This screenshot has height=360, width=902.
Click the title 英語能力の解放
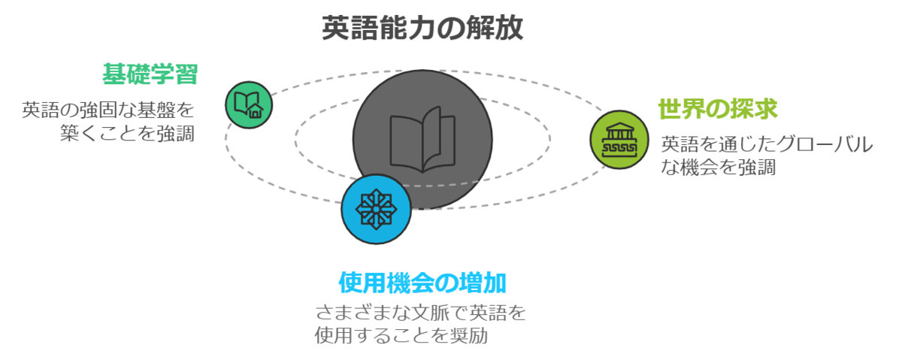(422, 28)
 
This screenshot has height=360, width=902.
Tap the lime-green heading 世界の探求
(717, 109)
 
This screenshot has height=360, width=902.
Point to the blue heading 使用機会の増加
(422, 283)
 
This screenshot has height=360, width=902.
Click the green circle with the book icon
(248, 105)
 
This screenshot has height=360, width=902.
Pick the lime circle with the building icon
(619, 140)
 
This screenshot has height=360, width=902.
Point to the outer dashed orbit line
(526, 83)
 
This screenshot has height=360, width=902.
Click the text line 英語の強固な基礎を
(108, 110)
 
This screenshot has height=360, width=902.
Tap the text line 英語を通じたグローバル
(767, 144)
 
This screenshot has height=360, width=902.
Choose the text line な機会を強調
(718, 167)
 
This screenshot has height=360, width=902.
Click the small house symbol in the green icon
(256, 113)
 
